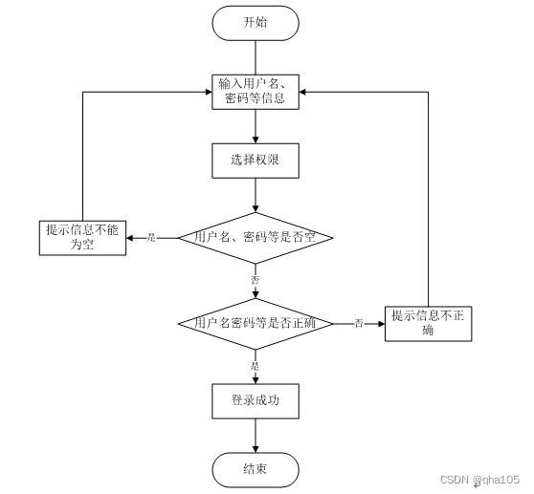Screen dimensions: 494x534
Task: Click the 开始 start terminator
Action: coord(256,23)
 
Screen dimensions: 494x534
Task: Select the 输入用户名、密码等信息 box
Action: coord(256,92)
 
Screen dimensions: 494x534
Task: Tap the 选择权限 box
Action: coord(256,161)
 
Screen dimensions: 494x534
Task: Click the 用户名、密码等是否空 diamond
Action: coord(256,236)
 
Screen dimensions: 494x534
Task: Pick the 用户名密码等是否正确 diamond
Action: coord(256,324)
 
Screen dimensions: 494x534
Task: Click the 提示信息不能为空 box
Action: coord(83,237)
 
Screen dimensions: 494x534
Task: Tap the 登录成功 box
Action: coord(256,401)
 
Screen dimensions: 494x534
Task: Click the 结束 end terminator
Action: coord(256,468)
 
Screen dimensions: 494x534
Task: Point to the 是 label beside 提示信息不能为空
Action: coord(151,237)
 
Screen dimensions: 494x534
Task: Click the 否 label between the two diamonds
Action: coord(256,280)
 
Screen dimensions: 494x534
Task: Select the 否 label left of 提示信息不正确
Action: coord(359,324)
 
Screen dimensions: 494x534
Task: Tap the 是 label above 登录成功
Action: coord(256,366)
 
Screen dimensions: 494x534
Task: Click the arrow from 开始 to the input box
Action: coord(256,56)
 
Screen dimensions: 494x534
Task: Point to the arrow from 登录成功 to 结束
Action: coord(256,435)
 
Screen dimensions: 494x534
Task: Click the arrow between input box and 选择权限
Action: coord(256,126)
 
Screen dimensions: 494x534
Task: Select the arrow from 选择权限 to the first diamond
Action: coord(256,195)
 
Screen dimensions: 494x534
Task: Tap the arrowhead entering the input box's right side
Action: coord(305,92)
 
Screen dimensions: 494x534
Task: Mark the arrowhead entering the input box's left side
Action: coord(206,92)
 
